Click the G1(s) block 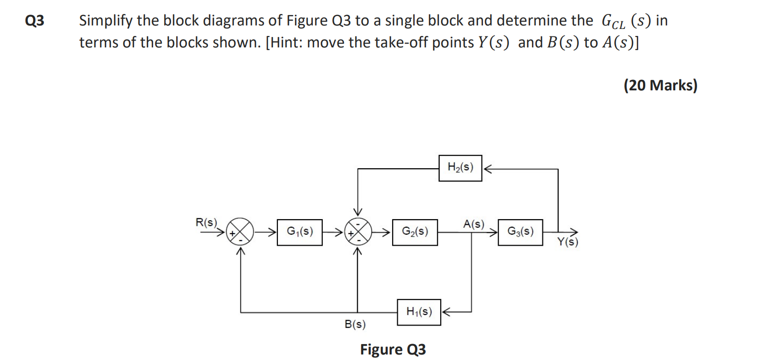coord(300,232)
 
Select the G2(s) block coord(415,232)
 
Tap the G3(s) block coord(520,232)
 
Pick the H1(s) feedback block coord(419,312)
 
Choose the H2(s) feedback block coord(460,168)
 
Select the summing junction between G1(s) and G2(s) coord(357,233)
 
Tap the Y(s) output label coord(567,243)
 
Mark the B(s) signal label coord(355,325)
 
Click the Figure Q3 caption coord(393,349)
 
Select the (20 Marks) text coord(660,85)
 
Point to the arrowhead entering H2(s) coord(487,169)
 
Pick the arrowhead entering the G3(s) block coord(494,232)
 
